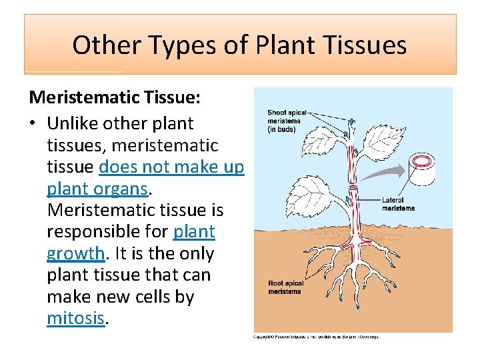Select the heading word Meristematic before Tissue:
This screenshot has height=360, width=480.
point(83,97)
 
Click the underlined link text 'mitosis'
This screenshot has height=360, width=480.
point(75,318)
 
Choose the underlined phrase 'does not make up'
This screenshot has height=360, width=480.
point(171,167)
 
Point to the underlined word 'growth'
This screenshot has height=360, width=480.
point(75,253)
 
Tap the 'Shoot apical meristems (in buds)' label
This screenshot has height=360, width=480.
point(287,121)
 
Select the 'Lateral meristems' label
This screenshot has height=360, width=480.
point(398,204)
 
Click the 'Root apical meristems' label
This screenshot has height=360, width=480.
point(285,287)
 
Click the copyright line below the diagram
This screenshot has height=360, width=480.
point(316,337)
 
